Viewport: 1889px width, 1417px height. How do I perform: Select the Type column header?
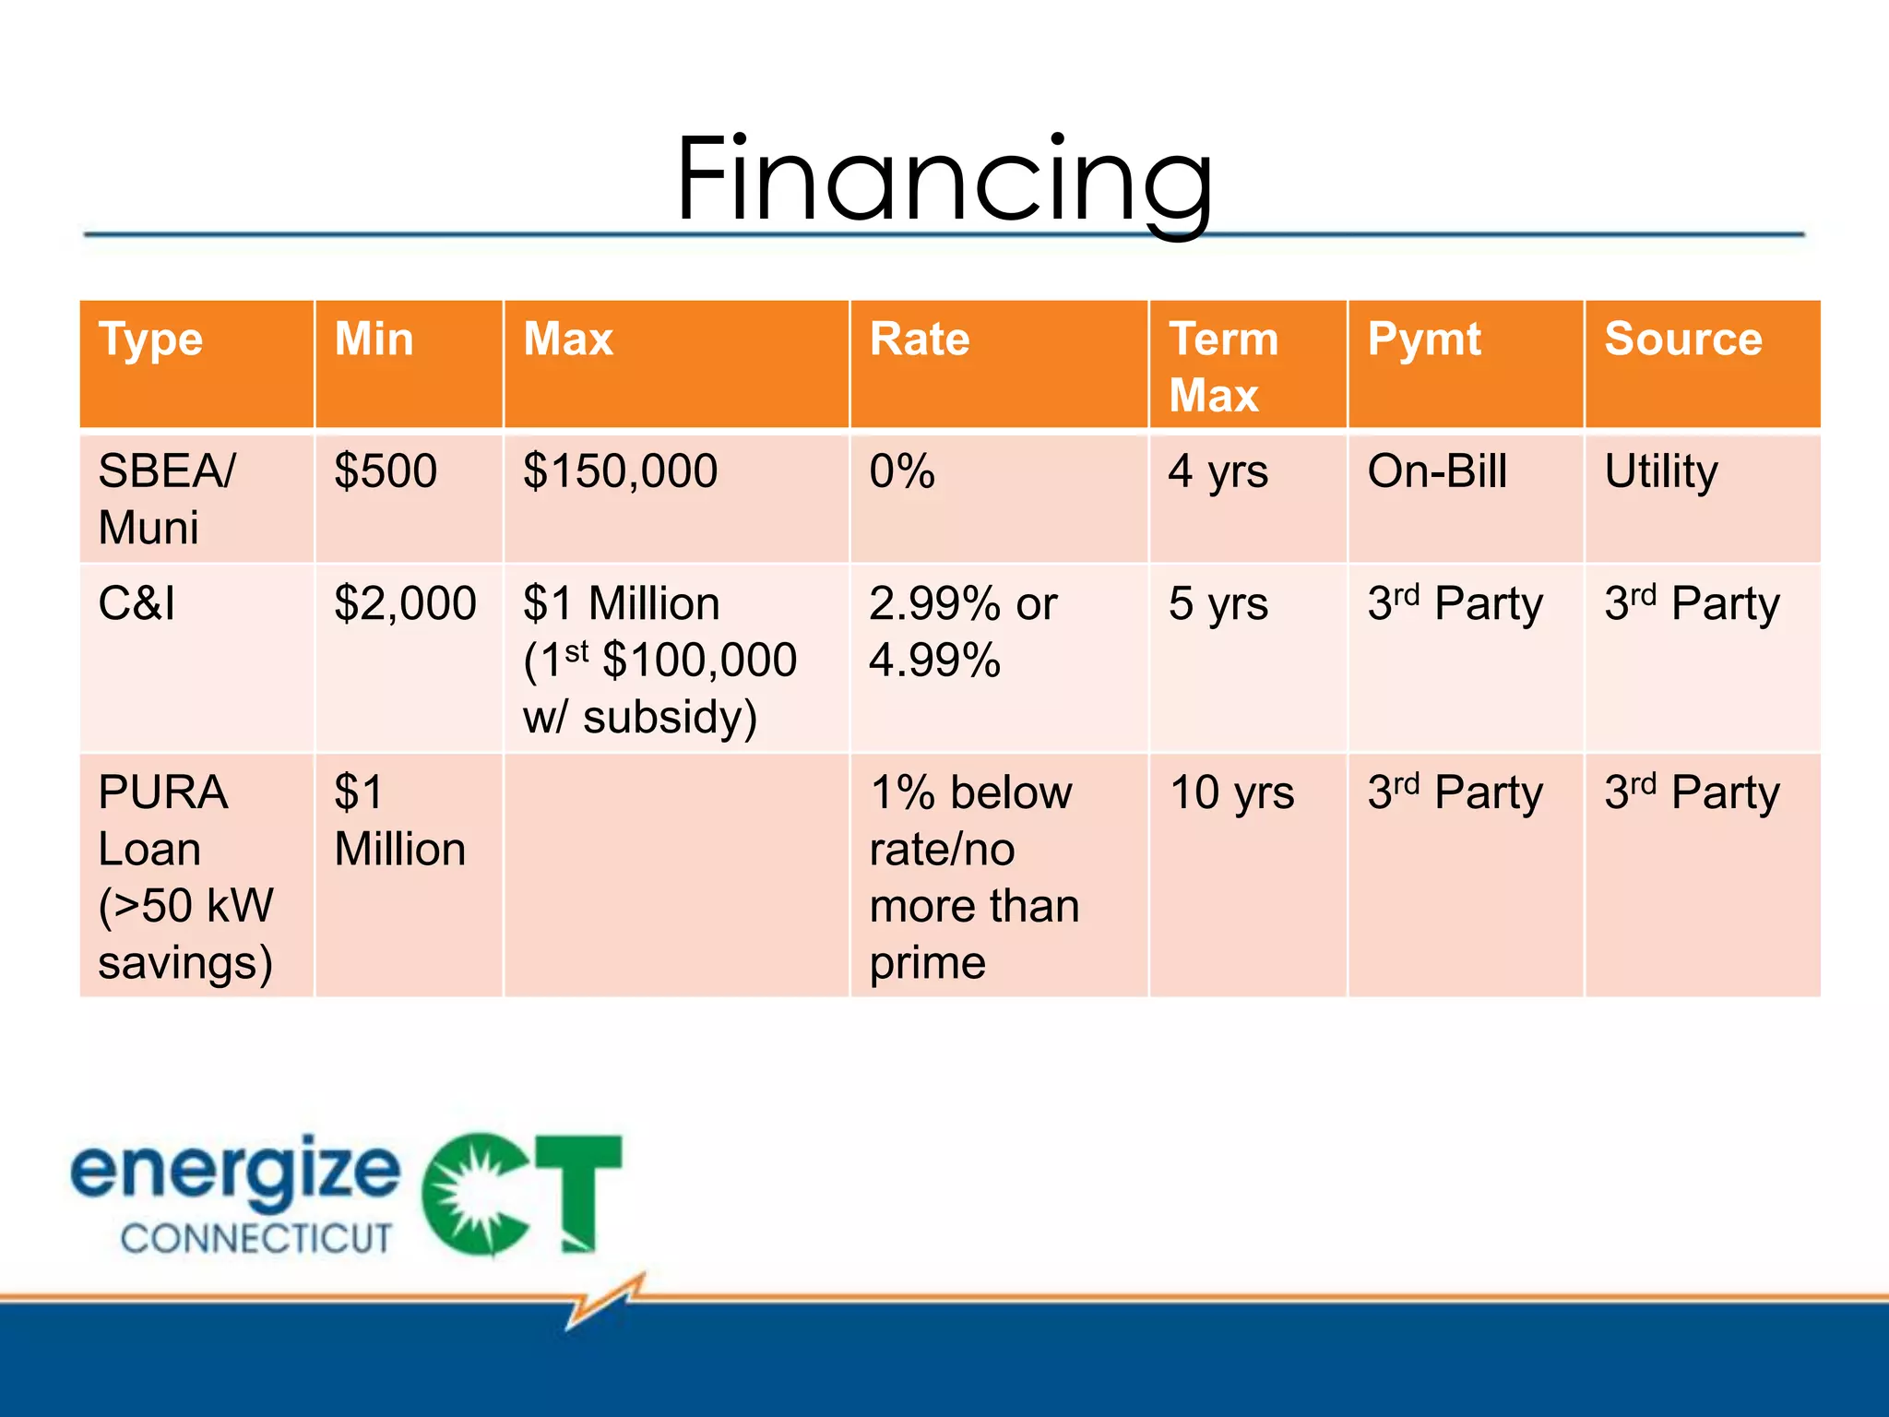click(x=150, y=339)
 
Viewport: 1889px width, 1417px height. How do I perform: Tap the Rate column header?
click(x=919, y=339)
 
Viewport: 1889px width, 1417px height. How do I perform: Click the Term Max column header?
click(x=1223, y=366)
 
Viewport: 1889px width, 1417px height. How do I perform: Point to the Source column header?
click(x=1682, y=339)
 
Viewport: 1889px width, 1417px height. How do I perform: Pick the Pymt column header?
click(x=1423, y=339)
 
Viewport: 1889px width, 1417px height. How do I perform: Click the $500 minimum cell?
click(x=386, y=471)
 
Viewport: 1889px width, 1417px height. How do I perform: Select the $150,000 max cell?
click(x=620, y=471)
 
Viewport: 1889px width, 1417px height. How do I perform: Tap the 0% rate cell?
click(x=901, y=471)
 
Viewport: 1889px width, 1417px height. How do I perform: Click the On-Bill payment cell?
click(x=1436, y=471)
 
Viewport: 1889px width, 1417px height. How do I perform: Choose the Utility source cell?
click(x=1660, y=471)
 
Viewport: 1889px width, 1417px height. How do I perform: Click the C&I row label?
click(x=137, y=604)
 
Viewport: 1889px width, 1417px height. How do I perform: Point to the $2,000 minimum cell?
click(x=405, y=604)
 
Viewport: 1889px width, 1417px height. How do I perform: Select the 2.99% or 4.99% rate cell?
click(x=962, y=632)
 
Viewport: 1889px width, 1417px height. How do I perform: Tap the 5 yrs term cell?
click(x=1218, y=604)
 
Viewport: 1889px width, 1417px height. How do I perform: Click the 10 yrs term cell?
click(x=1231, y=792)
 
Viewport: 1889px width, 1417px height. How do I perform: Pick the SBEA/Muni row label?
click(x=166, y=499)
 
